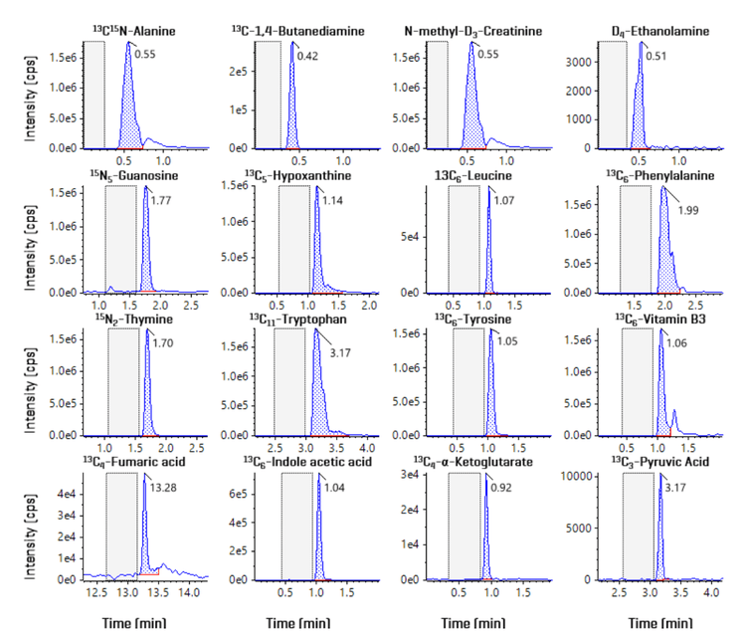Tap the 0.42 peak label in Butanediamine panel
(310, 56)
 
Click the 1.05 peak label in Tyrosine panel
(507, 342)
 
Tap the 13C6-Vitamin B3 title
(654, 319)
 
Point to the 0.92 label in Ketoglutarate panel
(506, 488)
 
